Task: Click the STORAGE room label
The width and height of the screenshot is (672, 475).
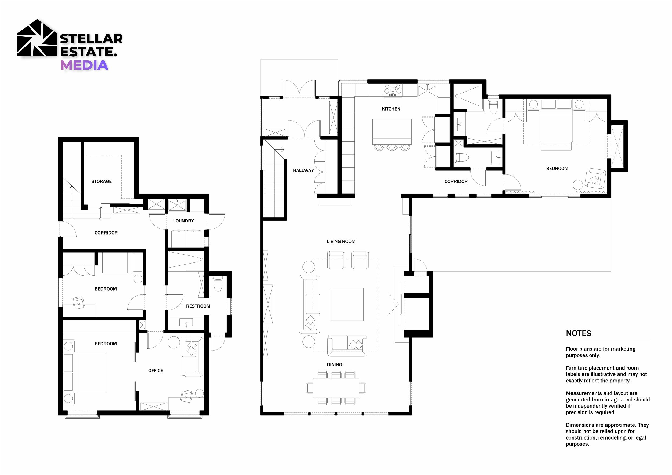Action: pyautogui.click(x=101, y=181)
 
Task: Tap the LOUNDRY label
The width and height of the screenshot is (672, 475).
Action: pyautogui.click(x=183, y=221)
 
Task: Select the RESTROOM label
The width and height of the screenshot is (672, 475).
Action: pyautogui.click(x=198, y=306)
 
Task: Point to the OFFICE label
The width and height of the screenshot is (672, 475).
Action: pyautogui.click(x=156, y=371)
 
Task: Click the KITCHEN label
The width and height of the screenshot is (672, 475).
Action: pyautogui.click(x=391, y=109)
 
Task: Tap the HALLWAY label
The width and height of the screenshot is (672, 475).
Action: pyautogui.click(x=304, y=170)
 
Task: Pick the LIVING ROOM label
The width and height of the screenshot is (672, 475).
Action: pyautogui.click(x=341, y=241)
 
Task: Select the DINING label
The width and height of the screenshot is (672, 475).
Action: pyautogui.click(x=335, y=364)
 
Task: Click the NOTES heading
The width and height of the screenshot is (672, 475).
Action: pyautogui.click(x=579, y=333)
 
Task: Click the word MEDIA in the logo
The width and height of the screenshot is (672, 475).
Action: pyautogui.click(x=84, y=65)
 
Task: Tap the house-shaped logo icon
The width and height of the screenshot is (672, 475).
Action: pyautogui.click(x=37, y=38)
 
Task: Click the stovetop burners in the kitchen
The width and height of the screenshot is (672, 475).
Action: pyautogui.click(x=393, y=90)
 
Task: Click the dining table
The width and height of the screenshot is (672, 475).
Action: pyautogui.click(x=336, y=388)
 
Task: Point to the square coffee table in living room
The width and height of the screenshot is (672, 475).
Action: pyautogui.click(x=347, y=305)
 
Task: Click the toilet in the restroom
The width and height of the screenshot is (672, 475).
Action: pyautogui.click(x=218, y=284)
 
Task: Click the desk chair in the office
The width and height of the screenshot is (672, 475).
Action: pyautogui.click(x=186, y=396)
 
